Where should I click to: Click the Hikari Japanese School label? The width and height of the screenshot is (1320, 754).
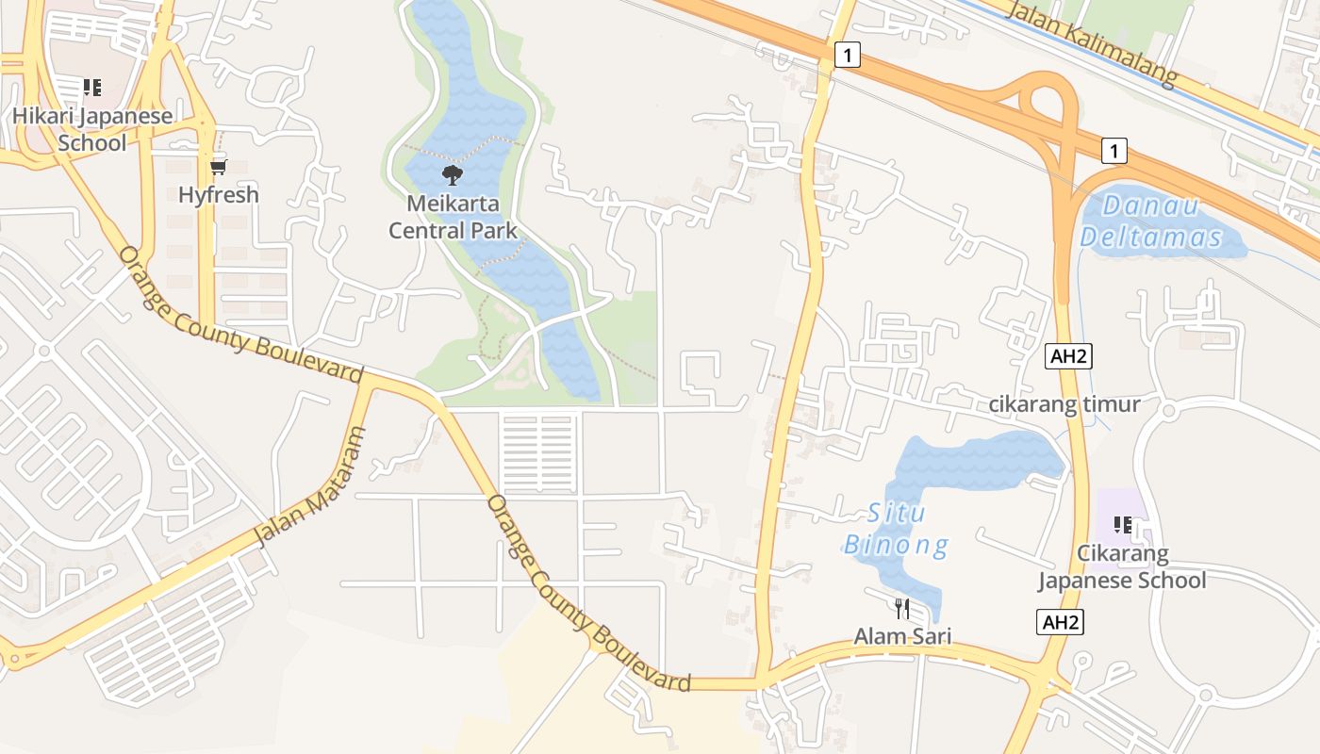coord(92,130)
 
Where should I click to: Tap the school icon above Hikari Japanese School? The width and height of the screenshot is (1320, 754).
coord(92,89)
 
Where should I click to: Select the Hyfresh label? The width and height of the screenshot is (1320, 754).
coord(219,195)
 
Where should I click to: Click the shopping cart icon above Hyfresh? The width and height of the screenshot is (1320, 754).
coord(219,167)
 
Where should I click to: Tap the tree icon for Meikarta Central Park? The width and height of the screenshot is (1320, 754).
coord(453,175)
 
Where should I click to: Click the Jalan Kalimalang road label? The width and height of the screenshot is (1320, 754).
coord(1093,44)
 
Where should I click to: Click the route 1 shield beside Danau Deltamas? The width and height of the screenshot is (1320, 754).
coord(1114,150)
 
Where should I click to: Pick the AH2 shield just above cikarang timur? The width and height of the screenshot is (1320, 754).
coord(1068,356)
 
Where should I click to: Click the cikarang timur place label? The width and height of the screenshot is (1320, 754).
coord(1064,404)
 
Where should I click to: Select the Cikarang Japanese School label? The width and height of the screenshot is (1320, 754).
coord(1122,566)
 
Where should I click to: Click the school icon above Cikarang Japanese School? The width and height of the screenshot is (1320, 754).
coord(1122,525)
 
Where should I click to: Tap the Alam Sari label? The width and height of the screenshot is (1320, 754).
coord(902,637)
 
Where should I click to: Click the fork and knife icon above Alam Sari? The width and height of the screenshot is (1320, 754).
coord(902,608)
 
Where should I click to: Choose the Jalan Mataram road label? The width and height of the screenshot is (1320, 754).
coord(309,487)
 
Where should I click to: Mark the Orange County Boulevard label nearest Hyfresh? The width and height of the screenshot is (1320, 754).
coord(240,315)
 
